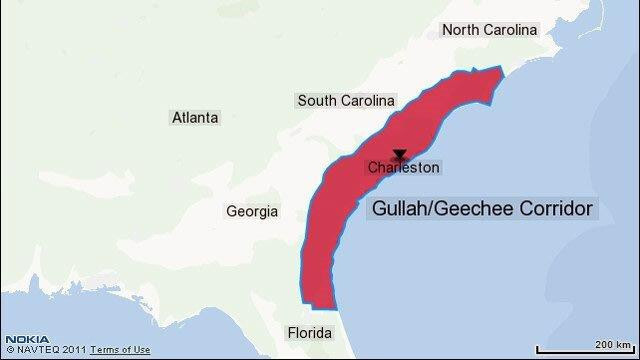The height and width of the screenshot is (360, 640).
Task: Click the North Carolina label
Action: pyautogui.click(x=490, y=30)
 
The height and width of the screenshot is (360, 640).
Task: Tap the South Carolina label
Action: pyautogui.click(x=346, y=101)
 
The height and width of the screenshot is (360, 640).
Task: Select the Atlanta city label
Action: pyautogui.click(x=195, y=118)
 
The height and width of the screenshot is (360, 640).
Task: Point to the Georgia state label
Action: pyautogui.click(x=252, y=212)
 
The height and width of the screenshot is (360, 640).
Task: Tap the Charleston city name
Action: pyautogui.click(x=403, y=168)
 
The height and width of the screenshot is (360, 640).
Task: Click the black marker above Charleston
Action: pyautogui.click(x=400, y=155)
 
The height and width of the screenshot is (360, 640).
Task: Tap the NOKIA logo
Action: pyautogui.click(x=20, y=340)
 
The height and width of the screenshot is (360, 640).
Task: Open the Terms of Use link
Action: pyautogui.click(x=120, y=350)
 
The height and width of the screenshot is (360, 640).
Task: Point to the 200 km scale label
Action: pyautogui.click(x=611, y=343)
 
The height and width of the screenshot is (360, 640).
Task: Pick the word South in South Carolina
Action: pyautogui.click(x=318, y=101)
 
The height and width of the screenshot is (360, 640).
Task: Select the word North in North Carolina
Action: pyautogui.click(x=462, y=30)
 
